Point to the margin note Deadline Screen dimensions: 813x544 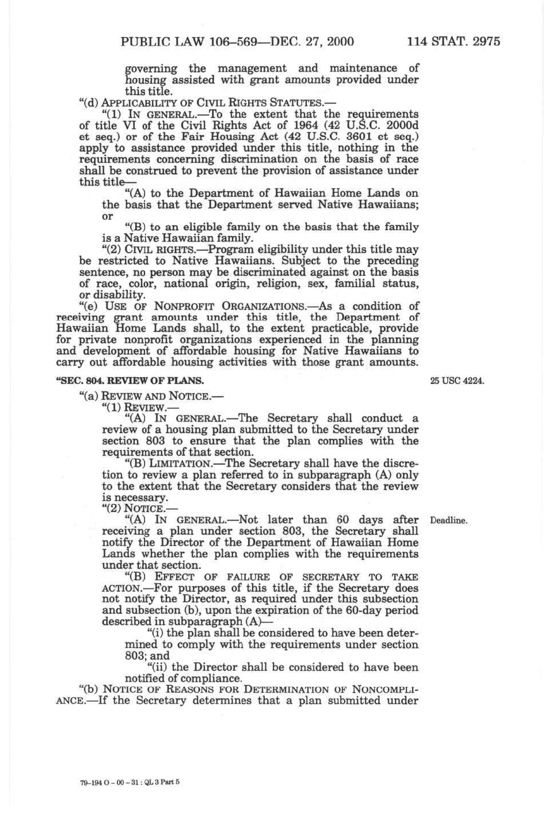tap(448, 521)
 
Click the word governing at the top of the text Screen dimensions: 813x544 tap(151, 69)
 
